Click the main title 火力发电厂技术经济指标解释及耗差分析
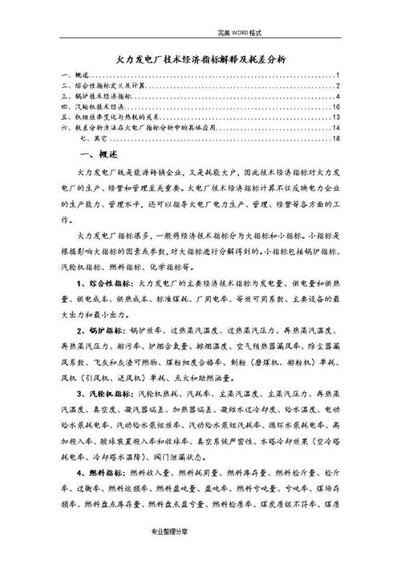click(202, 59)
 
